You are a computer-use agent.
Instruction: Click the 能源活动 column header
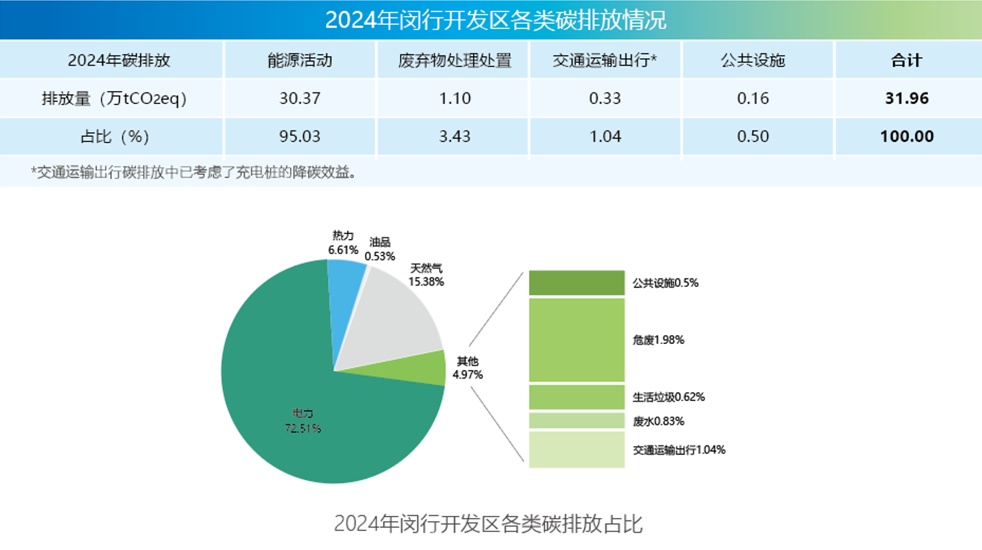pos(300,60)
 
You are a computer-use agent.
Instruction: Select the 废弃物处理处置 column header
pos(454,60)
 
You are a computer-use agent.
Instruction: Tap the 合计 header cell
pos(906,60)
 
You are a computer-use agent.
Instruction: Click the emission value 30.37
pos(300,98)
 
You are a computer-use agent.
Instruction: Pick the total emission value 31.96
pos(906,98)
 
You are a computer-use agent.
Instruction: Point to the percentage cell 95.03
pos(300,136)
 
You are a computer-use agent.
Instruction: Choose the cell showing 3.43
pos(454,136)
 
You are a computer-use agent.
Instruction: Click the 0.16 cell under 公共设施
pos(753,98)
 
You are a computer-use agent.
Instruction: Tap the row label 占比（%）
pos(114,136)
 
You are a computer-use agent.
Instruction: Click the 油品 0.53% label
pos(379,249)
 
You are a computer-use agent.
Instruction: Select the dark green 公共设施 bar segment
pos(576,283)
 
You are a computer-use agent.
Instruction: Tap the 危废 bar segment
pos(576,339)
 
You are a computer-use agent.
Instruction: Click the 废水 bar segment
pos(576,421)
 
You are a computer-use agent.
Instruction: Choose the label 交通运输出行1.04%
pos(679,450)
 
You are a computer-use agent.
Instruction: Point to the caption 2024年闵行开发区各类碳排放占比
pos(488,524)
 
